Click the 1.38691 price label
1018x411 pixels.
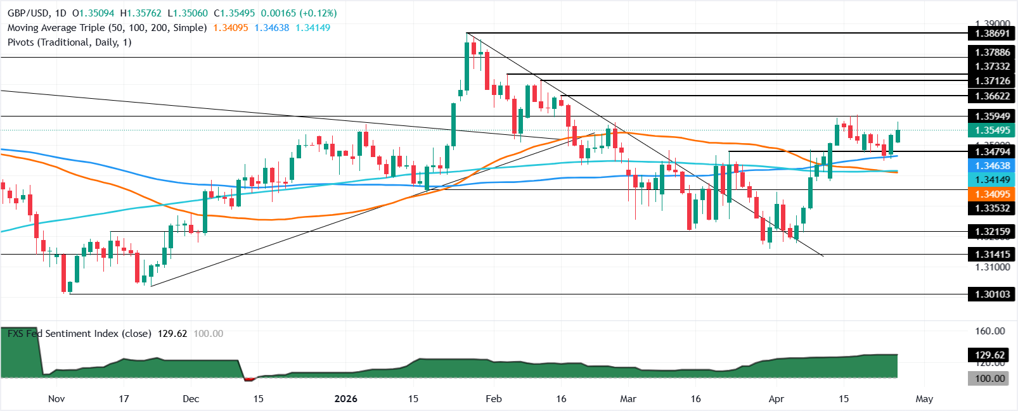[992, 33]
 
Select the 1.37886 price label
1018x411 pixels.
[992, 53]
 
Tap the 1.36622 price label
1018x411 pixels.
[992, 96]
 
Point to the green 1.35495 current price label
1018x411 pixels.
[992, 130]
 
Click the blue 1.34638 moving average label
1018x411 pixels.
[992, 165]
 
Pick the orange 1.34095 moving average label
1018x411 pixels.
[992, 194]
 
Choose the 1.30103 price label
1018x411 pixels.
[992, 294]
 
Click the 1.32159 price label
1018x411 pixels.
[992, 232]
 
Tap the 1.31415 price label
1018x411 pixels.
[992, 255]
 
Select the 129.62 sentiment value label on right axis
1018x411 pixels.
[989, 355]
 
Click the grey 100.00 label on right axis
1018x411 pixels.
[989, 378]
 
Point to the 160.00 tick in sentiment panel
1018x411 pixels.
[989, 331]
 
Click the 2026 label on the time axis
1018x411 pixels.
[345, 399]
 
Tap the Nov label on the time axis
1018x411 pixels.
[56, 399]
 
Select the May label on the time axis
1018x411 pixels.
[924, 399]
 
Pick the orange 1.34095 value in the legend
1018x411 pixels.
[231, 28]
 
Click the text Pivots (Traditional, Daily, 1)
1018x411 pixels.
[69, 42]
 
